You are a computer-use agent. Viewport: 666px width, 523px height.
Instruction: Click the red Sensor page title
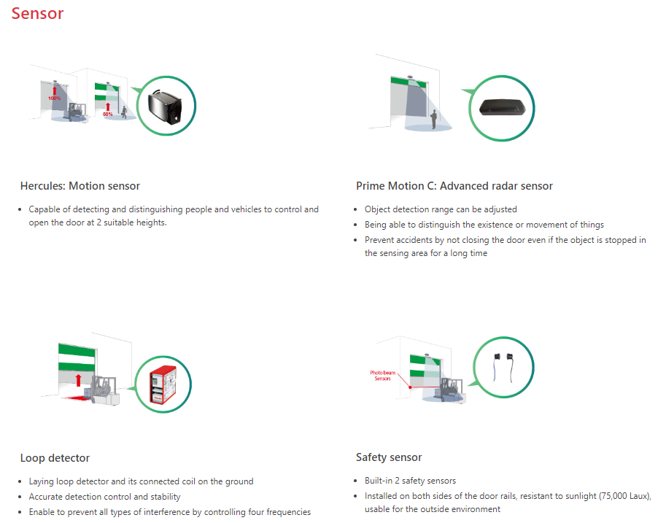pos(37,13)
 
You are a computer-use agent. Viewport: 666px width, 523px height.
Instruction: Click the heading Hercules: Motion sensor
pos(80,186)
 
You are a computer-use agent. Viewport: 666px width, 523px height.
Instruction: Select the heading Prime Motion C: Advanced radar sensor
pos(454,186)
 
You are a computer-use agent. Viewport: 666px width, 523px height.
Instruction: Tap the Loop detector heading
pos(55,458)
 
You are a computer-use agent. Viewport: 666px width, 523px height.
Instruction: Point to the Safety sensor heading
pos(389,457)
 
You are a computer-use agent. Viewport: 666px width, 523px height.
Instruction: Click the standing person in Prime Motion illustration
pos(433,118)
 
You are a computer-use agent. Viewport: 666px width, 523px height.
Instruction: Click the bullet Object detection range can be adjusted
pos(441,209)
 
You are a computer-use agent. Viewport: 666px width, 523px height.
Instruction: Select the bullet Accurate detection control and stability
pos(104,497)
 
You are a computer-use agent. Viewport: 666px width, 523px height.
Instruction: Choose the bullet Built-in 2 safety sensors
pos(410,481)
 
